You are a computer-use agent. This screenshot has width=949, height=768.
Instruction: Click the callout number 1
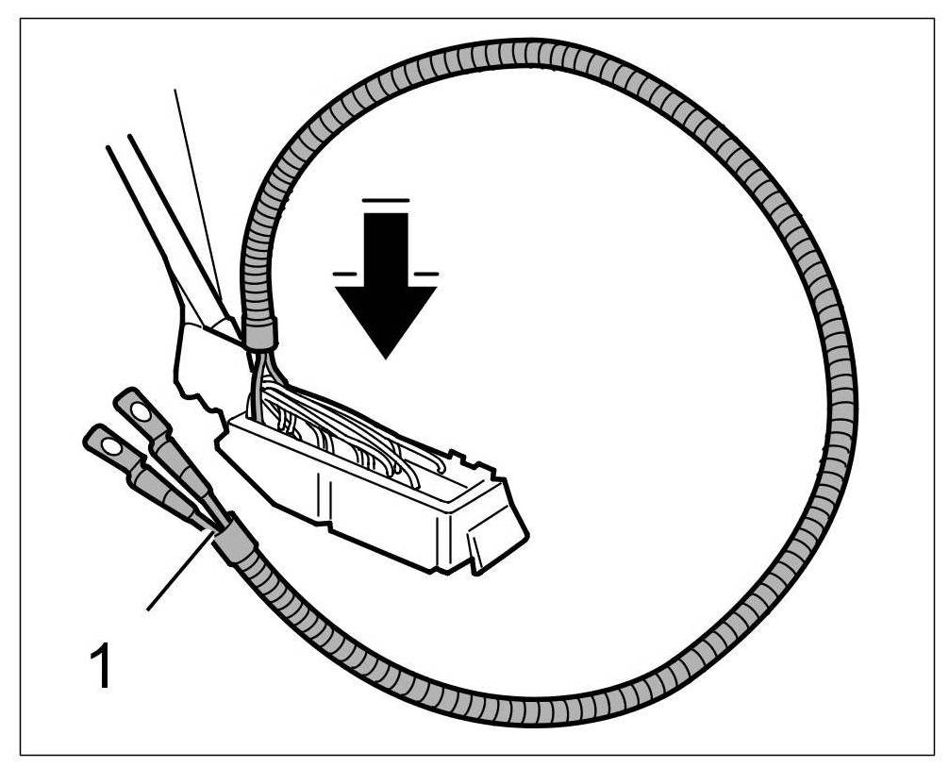point(101,665)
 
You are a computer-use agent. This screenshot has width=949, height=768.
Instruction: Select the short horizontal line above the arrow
point(385,200)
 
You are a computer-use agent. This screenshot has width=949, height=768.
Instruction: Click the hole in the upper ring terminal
point(138,411)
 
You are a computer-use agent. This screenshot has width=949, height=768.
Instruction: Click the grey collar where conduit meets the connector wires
point(260,332)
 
